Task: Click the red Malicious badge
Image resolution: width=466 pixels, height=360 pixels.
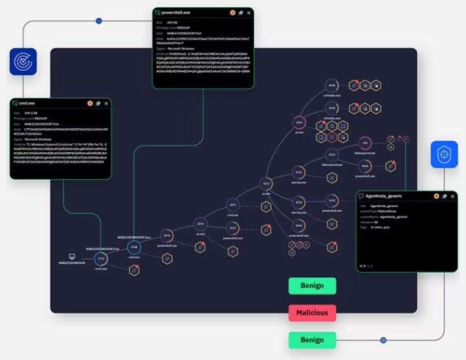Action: point(312,313)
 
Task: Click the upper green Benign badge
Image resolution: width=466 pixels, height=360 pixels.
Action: point(312,286)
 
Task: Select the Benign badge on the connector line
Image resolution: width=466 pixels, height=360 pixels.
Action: point(312,340)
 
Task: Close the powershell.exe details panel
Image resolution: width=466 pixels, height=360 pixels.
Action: point(249,12)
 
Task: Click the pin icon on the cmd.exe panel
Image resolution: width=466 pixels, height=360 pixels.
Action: point(98,103)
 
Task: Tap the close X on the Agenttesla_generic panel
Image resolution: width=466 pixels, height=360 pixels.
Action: point(454,196)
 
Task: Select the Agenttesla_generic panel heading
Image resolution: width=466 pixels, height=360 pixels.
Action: point(384,196)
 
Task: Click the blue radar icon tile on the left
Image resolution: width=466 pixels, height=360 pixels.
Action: point(23,62)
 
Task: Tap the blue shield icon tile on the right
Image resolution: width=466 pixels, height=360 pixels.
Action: point(444,155)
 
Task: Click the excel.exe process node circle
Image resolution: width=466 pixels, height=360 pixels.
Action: point(100,259)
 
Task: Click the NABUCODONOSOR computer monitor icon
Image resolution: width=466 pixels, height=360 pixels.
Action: point(72,256)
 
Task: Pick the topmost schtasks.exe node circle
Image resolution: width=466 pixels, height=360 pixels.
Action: point(331,85)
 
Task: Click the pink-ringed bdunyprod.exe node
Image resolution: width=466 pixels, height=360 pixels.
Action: point(365,143)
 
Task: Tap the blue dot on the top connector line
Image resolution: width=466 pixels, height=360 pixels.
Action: point(98,21)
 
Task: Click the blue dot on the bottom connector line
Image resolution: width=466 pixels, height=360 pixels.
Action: point(383,340)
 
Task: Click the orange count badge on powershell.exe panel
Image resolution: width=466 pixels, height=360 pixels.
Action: point(232,12)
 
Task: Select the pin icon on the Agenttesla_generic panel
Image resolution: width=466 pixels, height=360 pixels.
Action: point(445,196)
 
